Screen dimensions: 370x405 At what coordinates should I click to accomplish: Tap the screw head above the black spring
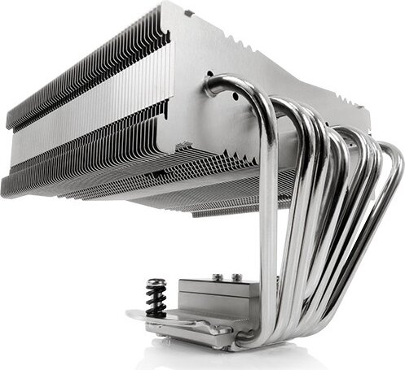[156, 285]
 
